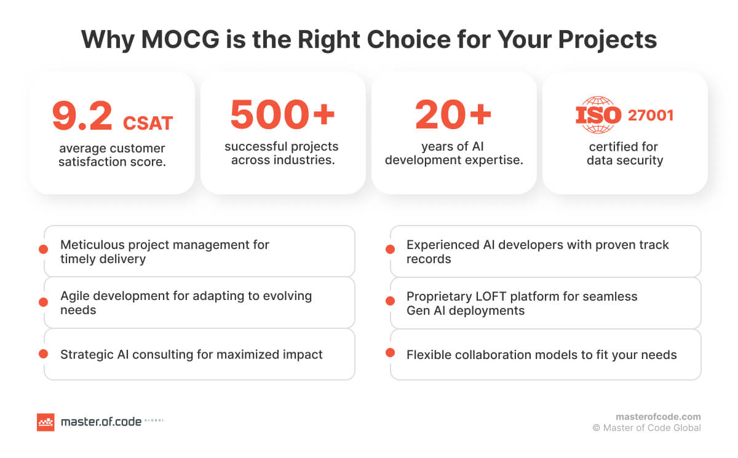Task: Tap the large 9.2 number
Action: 82,116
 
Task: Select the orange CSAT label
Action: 148,122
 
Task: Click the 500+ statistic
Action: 282,115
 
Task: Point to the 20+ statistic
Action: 453,115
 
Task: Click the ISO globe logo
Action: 598,115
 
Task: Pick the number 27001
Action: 650,116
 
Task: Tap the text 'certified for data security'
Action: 624,154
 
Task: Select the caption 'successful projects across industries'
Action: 282,154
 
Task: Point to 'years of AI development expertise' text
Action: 453,154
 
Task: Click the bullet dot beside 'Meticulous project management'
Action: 43,250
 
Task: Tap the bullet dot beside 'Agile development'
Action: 43,302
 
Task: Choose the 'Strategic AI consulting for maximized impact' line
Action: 191,354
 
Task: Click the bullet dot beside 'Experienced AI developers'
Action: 390,250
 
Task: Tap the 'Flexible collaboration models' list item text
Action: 541,355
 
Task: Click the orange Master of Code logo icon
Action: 46,422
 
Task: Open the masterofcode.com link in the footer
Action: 658,416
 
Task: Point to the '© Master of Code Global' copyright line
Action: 646,428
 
